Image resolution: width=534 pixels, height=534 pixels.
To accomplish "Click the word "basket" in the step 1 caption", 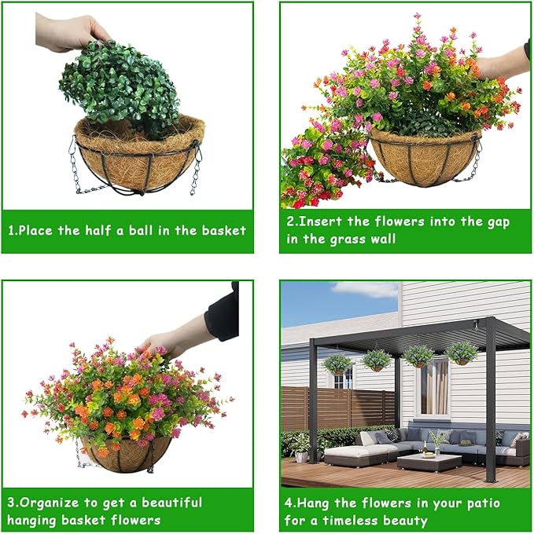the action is coord(223,231).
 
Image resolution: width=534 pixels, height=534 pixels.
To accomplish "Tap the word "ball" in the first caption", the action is coord(141,230).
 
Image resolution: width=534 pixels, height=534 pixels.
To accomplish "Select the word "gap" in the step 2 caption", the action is coord(498,222).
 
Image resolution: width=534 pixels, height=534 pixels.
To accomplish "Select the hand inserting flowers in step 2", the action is coord(501,63).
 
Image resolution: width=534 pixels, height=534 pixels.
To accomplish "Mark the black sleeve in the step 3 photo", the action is coord(222,312).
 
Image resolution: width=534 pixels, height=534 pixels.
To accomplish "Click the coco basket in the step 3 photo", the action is coord(126,455).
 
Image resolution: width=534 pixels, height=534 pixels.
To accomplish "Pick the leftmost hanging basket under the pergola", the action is coord(337,364).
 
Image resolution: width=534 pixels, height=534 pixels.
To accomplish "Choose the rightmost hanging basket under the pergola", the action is coord(462,354).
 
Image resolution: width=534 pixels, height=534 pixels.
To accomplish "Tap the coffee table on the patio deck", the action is coord(424,462).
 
